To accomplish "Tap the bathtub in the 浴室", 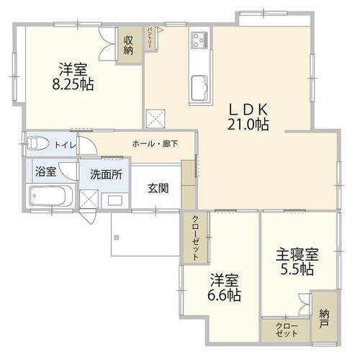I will pyautogui.click(x=50, y=196).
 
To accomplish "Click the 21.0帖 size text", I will pyautogui.click(x=249, y=125).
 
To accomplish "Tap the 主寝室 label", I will pyautogui.click(x=296, y=255).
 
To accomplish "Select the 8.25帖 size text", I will pyautogui.click(x=73, y=84).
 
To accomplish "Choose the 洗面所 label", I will pyautogui.click(x=105, y=174).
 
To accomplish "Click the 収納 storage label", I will pyautogui.click(x=129, y=46).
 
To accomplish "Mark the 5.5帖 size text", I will pyautogui.click(x=296, y=270).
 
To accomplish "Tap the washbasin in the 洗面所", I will pyautogui.click(x=113, y=199).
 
